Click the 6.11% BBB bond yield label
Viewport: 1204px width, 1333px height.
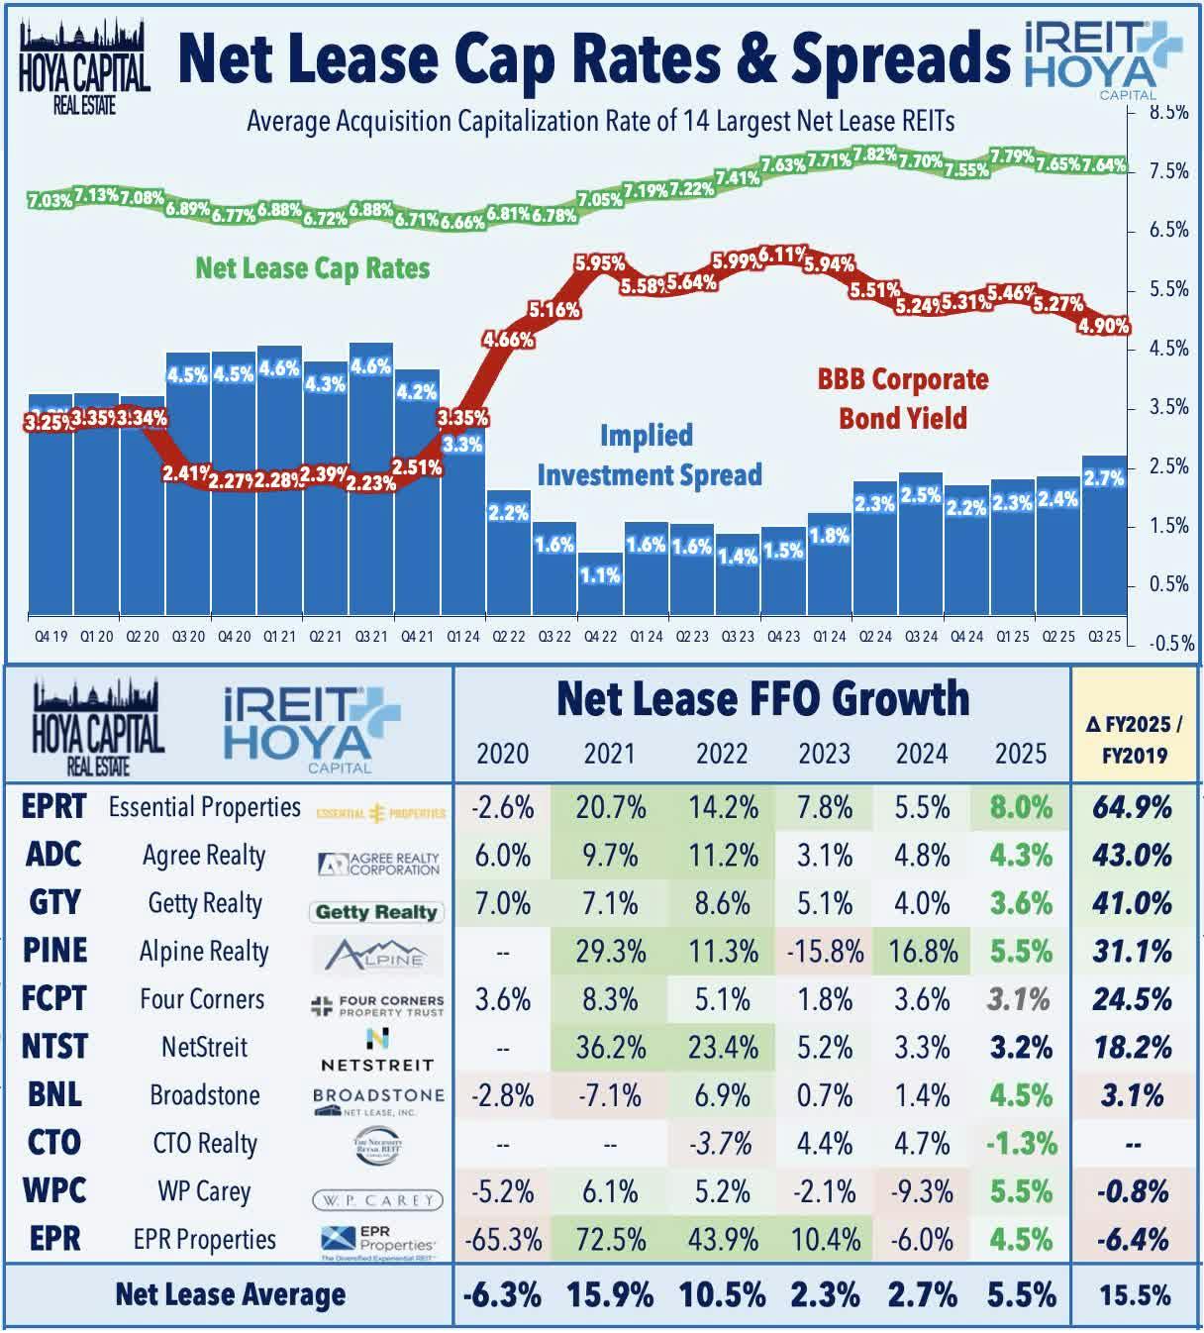(783, 256)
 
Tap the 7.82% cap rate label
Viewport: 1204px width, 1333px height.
(875, 154)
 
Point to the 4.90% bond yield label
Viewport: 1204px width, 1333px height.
(1104, 325)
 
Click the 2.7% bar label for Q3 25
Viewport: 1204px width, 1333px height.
(1104, 478)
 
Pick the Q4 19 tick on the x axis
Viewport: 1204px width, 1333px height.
(50, 637)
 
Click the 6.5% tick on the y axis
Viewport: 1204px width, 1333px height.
(1168, 230)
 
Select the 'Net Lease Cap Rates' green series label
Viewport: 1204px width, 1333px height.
(312, 268)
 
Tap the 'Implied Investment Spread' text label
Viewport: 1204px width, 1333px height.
(649, 456)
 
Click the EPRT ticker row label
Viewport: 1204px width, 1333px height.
(54, 807)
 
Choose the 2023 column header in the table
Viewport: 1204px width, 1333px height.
(824, 755)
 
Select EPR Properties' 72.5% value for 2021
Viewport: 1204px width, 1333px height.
(610, 1240)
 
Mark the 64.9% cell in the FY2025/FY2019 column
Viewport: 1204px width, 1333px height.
(1133, 807)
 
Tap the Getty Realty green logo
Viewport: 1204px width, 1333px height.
(376, 912)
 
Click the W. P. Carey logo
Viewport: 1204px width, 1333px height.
(376, 1199)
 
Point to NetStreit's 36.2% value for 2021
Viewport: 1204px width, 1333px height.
(610, 1048)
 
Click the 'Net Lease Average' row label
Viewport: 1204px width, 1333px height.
(230, 1294)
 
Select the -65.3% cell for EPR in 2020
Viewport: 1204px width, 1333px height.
(502, 1240)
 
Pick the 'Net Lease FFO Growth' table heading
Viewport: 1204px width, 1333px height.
(762, 699)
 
